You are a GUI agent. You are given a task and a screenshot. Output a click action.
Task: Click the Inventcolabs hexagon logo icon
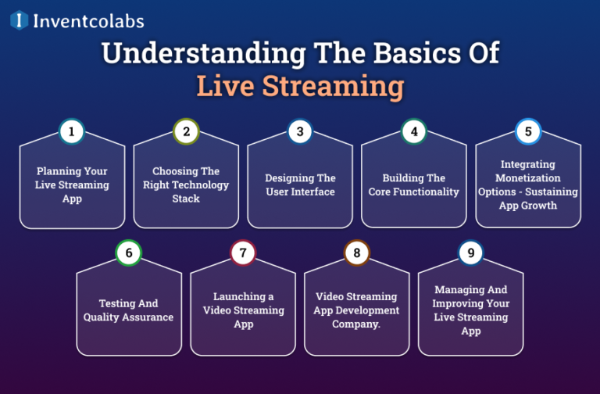(19, 20)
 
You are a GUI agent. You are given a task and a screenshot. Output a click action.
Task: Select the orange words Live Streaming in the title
(300, 86)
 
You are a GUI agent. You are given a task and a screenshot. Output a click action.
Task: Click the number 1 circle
(72, 132)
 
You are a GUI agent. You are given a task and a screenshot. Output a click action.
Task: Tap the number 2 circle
(186, 132)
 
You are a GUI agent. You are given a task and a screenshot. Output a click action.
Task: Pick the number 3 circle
(300, 132)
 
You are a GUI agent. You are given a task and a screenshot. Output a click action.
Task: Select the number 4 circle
(414, 132)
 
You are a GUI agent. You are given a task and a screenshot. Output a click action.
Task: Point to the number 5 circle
(528, 132)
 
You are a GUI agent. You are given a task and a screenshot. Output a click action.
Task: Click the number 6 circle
(129, 253)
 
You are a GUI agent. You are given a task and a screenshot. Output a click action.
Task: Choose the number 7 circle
(243, 253)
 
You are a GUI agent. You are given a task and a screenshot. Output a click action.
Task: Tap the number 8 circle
(357, 253)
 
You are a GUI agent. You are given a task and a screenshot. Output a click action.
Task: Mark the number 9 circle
(471, 253)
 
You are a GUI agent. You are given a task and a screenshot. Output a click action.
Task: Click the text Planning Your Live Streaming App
(72, 185)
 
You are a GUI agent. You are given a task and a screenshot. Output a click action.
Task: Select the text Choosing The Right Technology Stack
(186, 185)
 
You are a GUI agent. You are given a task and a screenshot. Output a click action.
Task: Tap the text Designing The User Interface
(300, 185)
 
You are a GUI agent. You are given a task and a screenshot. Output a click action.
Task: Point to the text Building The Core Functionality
(414, 185)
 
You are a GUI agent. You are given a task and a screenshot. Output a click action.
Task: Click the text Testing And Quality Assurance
(129, 310)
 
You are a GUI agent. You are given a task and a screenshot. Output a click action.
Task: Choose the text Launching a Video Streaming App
(243, 310)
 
